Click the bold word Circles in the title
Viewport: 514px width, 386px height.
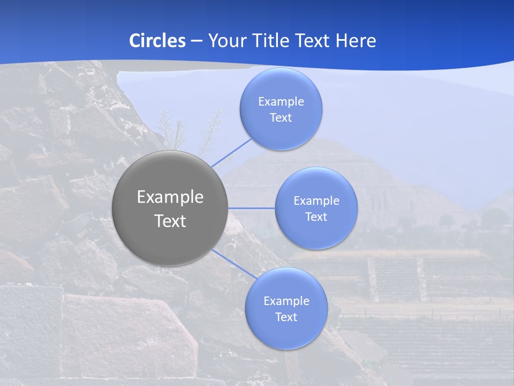click(x=157, y=41)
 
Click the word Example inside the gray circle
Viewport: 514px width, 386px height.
click(x=170, y=197)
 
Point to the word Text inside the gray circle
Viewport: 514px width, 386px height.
click(x=170, y=221)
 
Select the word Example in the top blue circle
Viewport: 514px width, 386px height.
click(x=281, y=102)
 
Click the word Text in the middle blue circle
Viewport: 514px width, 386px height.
click(x=316, y=217)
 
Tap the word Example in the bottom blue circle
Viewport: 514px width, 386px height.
click(x=286, y=301)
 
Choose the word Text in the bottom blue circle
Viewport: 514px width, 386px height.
click(x=286, y=317)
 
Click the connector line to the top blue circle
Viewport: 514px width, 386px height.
click(x=231, y=152)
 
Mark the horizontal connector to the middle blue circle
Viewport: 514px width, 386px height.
click(x=252, y=208)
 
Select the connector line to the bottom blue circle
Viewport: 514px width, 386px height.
click(x=233, y=264)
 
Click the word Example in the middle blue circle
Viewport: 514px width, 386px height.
click(x=316, y=201)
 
